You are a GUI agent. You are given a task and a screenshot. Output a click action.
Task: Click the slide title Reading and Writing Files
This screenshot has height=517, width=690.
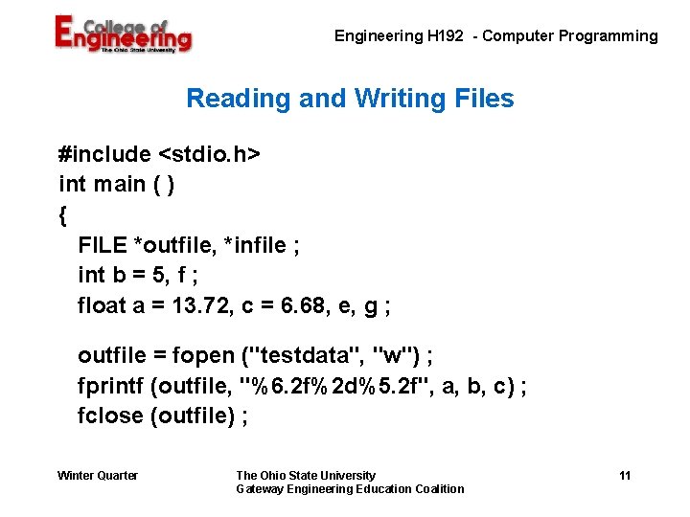(350, 99)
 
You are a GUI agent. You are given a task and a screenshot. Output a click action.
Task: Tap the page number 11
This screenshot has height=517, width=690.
(625, 476)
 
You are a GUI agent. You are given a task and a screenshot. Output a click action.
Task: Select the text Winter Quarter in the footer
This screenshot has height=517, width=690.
(98, 476)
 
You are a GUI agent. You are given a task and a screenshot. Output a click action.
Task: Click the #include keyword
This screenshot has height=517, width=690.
(104, 154)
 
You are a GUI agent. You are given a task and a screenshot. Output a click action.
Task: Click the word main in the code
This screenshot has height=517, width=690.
(120, 184)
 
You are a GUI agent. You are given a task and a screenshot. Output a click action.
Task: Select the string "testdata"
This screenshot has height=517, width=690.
(302, 356)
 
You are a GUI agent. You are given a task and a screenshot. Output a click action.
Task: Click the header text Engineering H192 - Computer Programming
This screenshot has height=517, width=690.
(495, 36)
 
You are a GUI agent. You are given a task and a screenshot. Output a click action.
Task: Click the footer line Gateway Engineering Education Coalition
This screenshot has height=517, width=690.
(350, 489)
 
